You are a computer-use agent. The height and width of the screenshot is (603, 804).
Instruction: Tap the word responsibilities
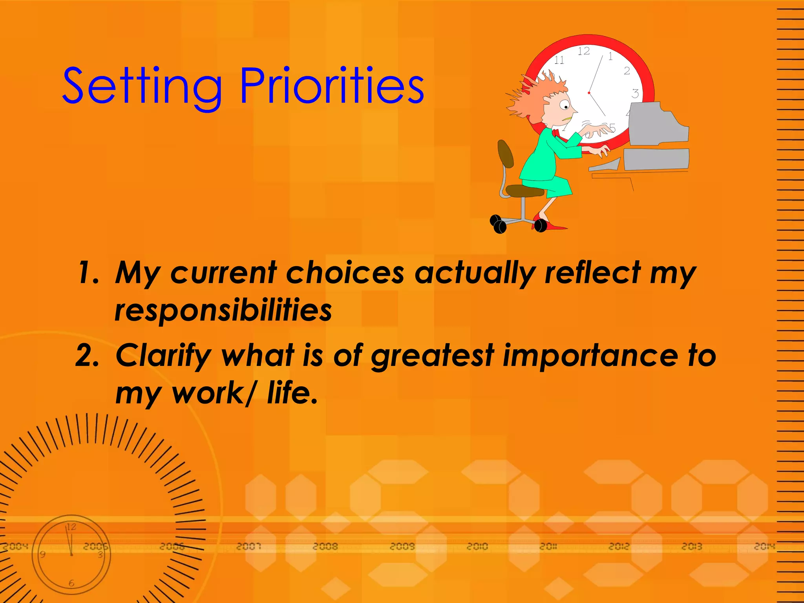223,311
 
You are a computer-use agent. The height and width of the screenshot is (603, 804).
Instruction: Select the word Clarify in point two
163,356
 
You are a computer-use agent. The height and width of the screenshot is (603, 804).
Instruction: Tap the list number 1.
87,272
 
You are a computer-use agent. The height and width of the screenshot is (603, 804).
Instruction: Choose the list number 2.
87,356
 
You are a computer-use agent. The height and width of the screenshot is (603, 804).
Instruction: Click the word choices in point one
345,272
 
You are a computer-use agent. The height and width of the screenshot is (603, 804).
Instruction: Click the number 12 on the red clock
584,51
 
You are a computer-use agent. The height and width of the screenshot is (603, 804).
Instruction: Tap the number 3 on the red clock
635,93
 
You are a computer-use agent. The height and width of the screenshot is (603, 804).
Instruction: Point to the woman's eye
565,105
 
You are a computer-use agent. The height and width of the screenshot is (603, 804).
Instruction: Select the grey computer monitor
658,124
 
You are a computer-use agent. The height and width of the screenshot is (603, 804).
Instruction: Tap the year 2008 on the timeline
325,546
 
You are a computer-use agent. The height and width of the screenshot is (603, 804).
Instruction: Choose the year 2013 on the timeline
692,546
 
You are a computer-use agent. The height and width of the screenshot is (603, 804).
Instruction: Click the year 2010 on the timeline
477,546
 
